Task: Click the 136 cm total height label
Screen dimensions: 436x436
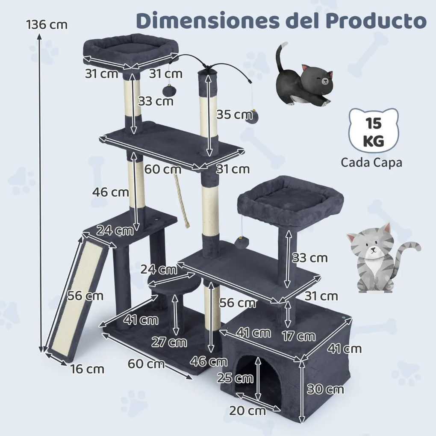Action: pyautogui.click(x=47, y=24)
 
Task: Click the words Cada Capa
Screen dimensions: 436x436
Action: pyautogui.click(x=371, y=163)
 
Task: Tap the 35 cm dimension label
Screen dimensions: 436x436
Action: pyautogui.click(x=234, y=115)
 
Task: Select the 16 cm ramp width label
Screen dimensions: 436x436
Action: pyautogui.click(x=87, y=368)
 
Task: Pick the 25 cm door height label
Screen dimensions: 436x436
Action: pyautogui.click(x=235, y=378)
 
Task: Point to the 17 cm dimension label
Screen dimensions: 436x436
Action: pyautogui.click(x=299, y=336)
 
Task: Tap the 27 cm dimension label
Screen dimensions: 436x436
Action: pyautogui.click(x=169, y=342)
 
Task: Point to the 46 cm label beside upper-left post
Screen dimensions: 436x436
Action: pyautogui.click(x=111, y=192)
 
